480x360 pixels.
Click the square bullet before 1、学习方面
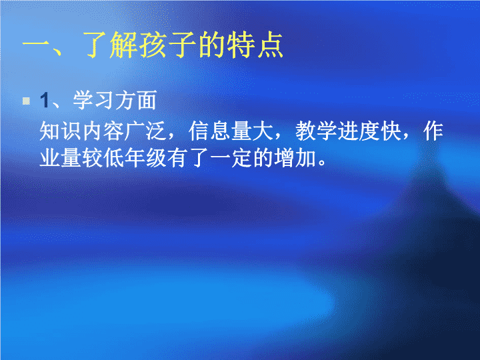[x=26, y=101]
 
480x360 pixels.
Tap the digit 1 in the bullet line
[x=45, y=100]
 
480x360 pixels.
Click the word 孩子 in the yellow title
[x=168, y=45]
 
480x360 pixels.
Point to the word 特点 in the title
[x=255, y=45]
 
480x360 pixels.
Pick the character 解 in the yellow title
[x=124, y=45]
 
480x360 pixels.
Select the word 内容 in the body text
[x=103, y=131]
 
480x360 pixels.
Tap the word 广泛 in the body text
[x=145, y=131]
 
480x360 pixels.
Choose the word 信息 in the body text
[x=209, y=131]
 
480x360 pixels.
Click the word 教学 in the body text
[x=316, y=131]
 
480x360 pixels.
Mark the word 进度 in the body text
[x=359, y=131]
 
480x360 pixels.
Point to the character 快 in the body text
[x=391, y=131]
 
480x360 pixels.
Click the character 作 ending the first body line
[x=433, y=131]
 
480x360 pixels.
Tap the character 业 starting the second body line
[x=50, y=158]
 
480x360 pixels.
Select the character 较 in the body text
[x=93, y=158]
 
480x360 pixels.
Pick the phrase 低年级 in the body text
[x=135, y=158]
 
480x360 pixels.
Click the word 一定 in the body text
[x=231, y=158]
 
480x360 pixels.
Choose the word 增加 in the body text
[x=295, y=158]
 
